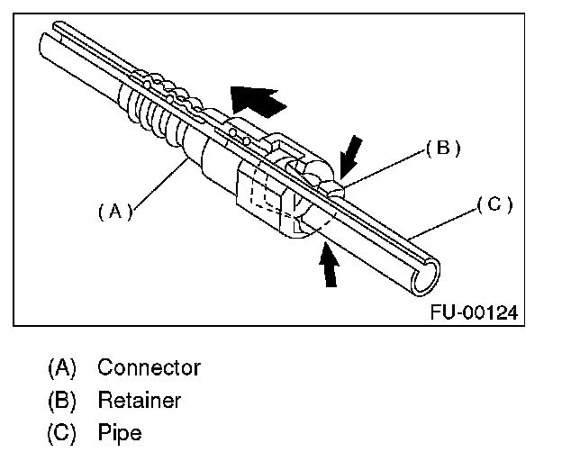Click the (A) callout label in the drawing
tap(114, 212)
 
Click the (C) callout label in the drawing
tap(494, 204)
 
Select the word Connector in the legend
tap(149, 367)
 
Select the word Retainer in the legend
tap(139, 400)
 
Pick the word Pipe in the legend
tap(120, 432)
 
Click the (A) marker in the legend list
tap(63, 368)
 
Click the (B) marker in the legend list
tap(63, 401)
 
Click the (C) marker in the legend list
tap(63, 433)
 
